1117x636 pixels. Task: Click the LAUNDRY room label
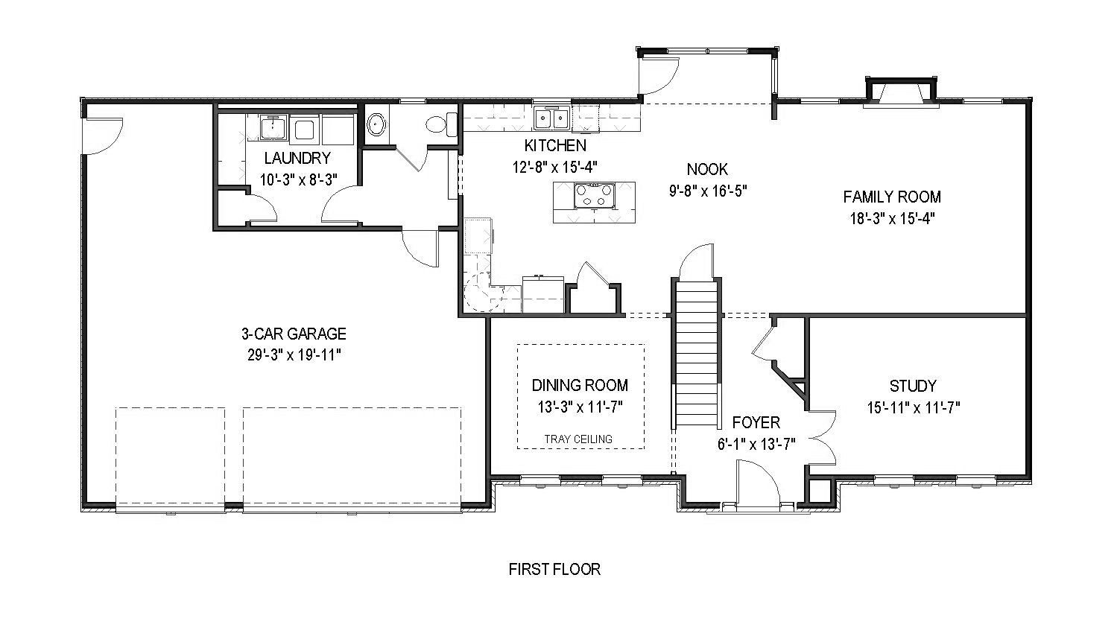coord(297,158)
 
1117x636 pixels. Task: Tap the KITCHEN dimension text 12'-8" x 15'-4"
coord(555,167)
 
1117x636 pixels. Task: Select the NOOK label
coord(707,170)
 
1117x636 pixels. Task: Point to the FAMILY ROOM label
coord(892,197)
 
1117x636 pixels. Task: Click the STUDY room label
coord(913,386)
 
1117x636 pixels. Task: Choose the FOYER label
coord(756,423)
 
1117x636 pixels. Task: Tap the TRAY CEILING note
coord(578,439)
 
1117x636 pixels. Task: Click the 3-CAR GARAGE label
coord(294,334)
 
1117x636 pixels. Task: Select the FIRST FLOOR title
coord(554,569)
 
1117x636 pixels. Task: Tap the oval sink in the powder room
coord(376,124)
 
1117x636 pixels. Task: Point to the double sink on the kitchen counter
coord(551,118)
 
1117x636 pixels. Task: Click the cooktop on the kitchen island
coord(595,195)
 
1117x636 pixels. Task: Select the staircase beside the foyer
coord(697,353)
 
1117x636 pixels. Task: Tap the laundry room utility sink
coord(273,127)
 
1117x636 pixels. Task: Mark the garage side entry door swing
coord(103,136)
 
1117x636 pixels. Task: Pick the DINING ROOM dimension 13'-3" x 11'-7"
coord(580,407)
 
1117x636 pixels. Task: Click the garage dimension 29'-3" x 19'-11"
coord(294,355)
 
